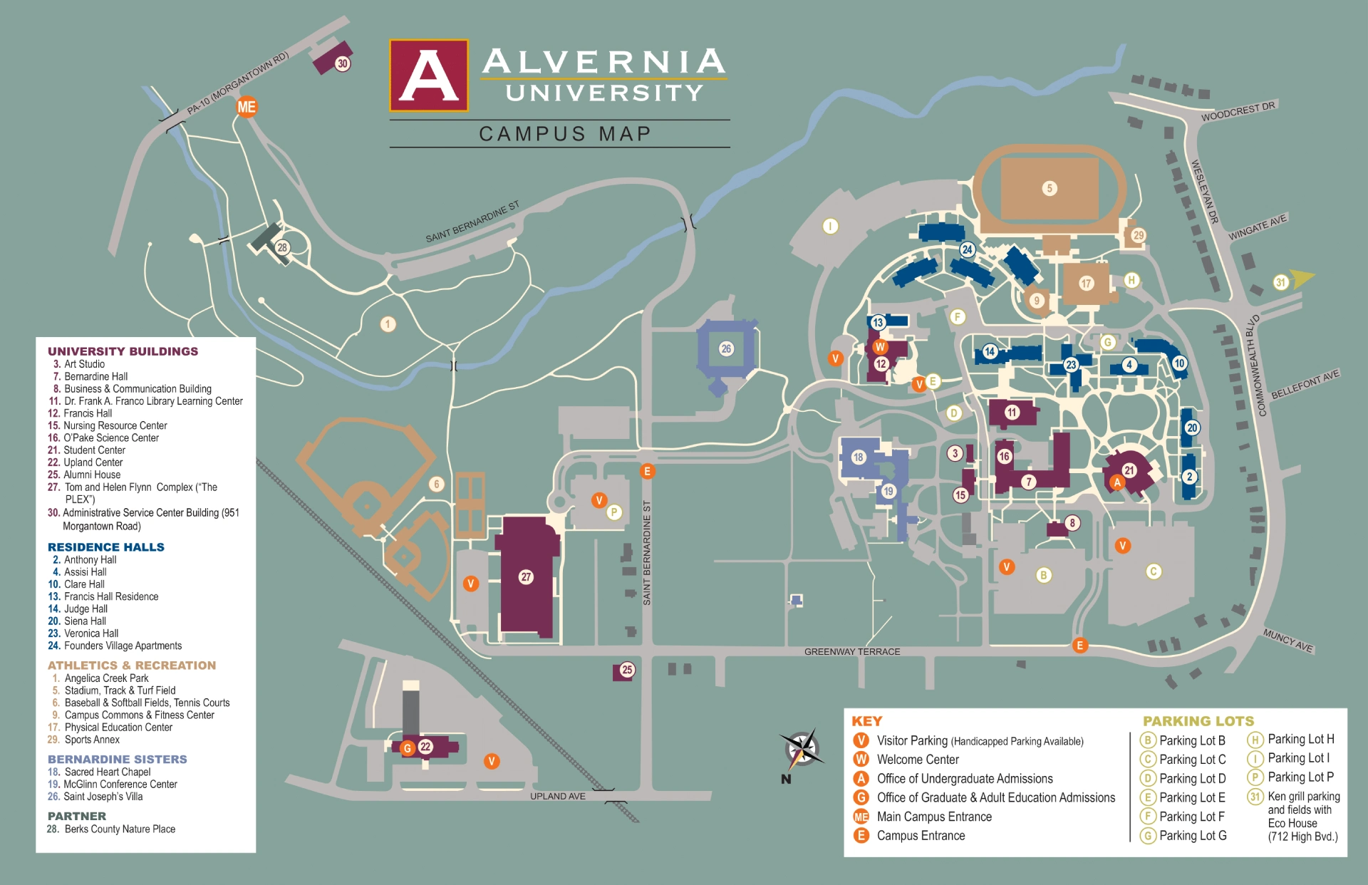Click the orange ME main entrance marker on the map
coord(247,107)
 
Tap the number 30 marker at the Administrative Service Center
coord(343,63)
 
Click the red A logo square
coord(429,76)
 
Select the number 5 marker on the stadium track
coord(1049,188)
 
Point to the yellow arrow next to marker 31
coord(1303,279)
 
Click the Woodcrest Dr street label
coord(1238,112)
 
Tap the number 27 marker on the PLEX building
coord(526,576)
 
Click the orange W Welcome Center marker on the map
coord(880,347)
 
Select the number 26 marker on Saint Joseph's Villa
coord(726,348)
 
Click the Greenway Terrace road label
coord(852,651)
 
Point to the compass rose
coord(803,750)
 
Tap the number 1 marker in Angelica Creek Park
coord(388,324)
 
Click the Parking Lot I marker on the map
coord(830,226)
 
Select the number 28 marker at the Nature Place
coord(282,247)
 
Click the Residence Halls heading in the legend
coord(106,547)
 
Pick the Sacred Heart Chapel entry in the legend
coord(107,772)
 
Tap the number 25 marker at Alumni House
coord(627,669)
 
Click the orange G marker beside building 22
coord(408,748)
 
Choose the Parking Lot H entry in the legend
coord(1300,739)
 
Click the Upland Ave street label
coord(557,796)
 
